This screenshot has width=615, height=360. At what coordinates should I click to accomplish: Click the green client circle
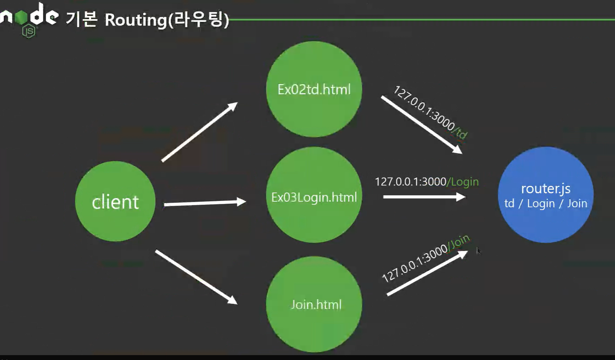click(115, 201)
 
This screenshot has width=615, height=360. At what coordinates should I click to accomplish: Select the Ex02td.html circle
click(314, 89)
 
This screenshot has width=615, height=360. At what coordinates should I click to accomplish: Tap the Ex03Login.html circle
click(314, 195)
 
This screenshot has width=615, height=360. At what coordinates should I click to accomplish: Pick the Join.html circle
click(314, 304)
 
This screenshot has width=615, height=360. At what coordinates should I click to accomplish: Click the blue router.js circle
click(545, 195)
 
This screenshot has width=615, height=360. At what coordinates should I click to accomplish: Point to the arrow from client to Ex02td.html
click(199, 132)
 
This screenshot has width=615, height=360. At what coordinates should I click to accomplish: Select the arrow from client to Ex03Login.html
click(204, 203)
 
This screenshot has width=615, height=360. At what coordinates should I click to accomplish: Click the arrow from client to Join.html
click(196, 277)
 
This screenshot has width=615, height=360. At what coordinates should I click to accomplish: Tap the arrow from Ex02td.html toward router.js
click(421, 124)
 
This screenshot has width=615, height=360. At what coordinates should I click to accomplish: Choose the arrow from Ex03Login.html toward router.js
click(424, 197)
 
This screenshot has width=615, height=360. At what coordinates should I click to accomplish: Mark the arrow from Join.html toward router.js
click(426, 273)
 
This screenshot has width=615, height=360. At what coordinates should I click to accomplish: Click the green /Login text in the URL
click(463, 182)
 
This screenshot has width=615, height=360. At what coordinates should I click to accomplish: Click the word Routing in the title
click(136, 20)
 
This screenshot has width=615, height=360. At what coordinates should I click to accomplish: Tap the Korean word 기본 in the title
click(81, 19)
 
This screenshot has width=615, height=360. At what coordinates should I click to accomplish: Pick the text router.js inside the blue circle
click(545, 188)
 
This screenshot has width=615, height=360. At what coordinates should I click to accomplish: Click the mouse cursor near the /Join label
click(478, 250)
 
